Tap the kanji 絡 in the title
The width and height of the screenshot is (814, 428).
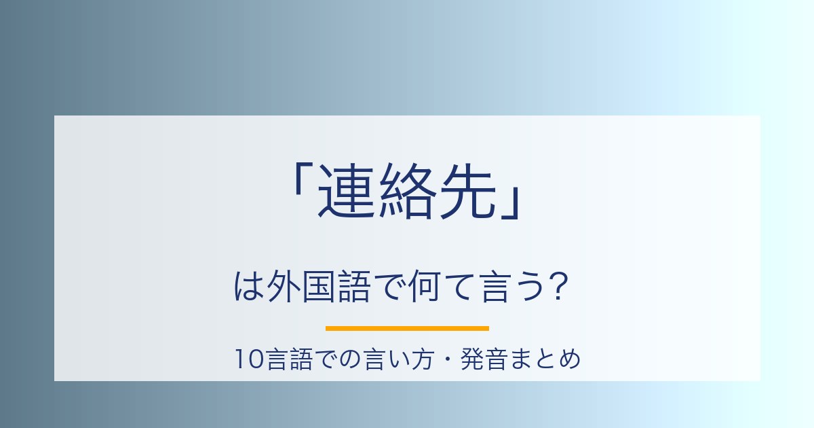click(407, 190)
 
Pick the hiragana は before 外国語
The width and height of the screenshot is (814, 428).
click(248, 287)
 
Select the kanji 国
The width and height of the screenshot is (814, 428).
click(319, 287)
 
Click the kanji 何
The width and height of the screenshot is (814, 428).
click(425, 287)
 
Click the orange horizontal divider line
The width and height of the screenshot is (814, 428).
click(407, 329)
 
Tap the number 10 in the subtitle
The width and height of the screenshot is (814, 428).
click(250, 359)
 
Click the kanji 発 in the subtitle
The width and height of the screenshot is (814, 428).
click(471, 359)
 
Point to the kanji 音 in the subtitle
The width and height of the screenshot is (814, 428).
click(496, 359)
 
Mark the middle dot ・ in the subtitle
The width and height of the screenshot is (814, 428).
click(447, 359)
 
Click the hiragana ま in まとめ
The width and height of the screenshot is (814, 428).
click(520, 359)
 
